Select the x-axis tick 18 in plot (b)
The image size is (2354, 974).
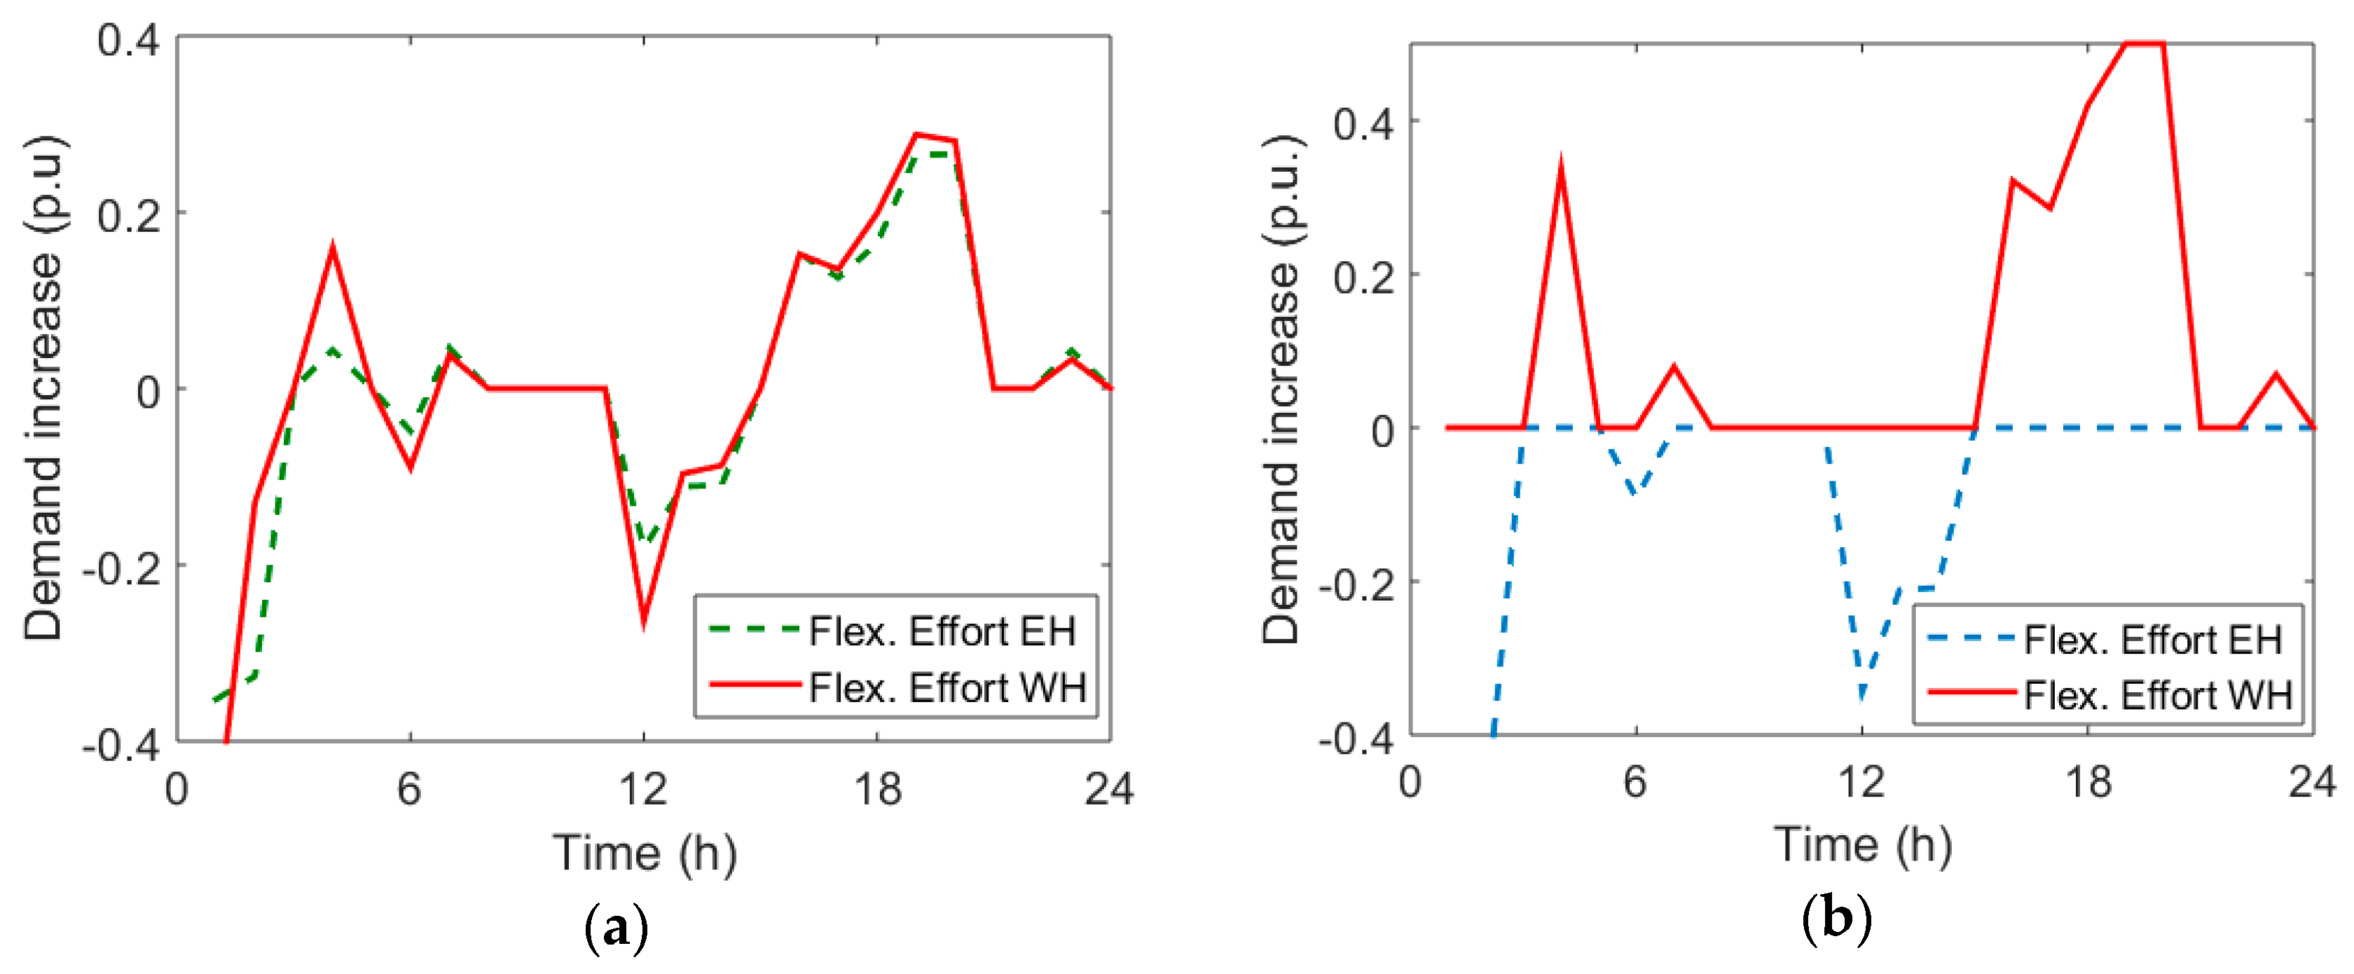pos(2088,782)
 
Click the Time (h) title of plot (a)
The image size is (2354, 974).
pos(645,853)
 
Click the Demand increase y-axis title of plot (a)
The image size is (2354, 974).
pos(43,388)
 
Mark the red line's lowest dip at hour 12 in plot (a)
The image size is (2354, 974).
pos(645,622)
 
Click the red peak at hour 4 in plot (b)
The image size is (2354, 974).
pos(1561,169)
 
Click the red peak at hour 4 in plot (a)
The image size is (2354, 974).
pos(333,249)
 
